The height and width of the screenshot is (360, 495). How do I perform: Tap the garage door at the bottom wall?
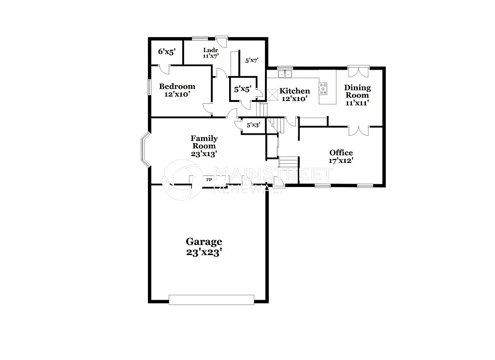pyautogui.click(x=211, y=300)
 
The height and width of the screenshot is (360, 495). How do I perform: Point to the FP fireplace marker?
pyautogui.click(x=209, y=180)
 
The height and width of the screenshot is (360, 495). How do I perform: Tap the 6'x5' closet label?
pyautogui.click(x=166, y=52)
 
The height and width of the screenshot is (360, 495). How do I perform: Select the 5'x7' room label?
pyautogui.click(x=251, y=60)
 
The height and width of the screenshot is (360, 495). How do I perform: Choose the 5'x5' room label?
pyautogui.click(x=242, y=89)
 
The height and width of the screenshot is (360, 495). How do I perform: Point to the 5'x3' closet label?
pyautogui.click(x=253, y=125)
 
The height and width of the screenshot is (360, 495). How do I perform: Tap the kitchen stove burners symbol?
pyautogui.click(x=323, y=88)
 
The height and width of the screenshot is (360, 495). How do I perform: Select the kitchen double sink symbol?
pyautogui.click(x=285, y=74)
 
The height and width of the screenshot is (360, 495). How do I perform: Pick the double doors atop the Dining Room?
pyautogui.click(x=358, y=71)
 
